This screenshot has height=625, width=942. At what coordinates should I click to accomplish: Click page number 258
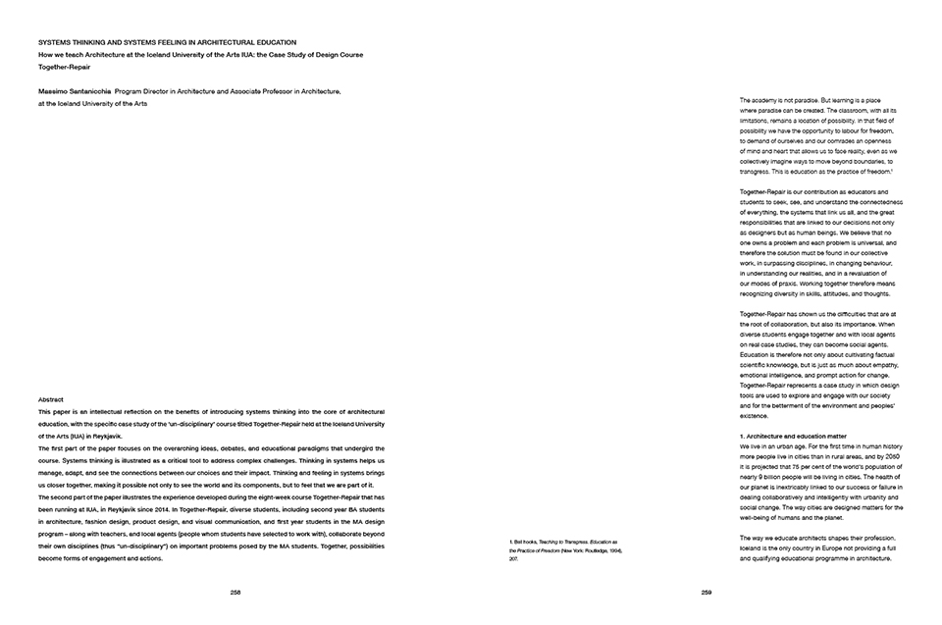pyautogui.click(x=235, y=592)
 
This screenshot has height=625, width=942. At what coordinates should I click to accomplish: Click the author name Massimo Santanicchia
pyautogui.click(x=74, y=90)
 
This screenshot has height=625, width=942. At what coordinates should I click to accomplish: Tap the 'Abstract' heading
pyautogui.click(x=50, y=401)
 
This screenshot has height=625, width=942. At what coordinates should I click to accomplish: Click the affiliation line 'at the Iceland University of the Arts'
pyautogui.click(x=92, y=102)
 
